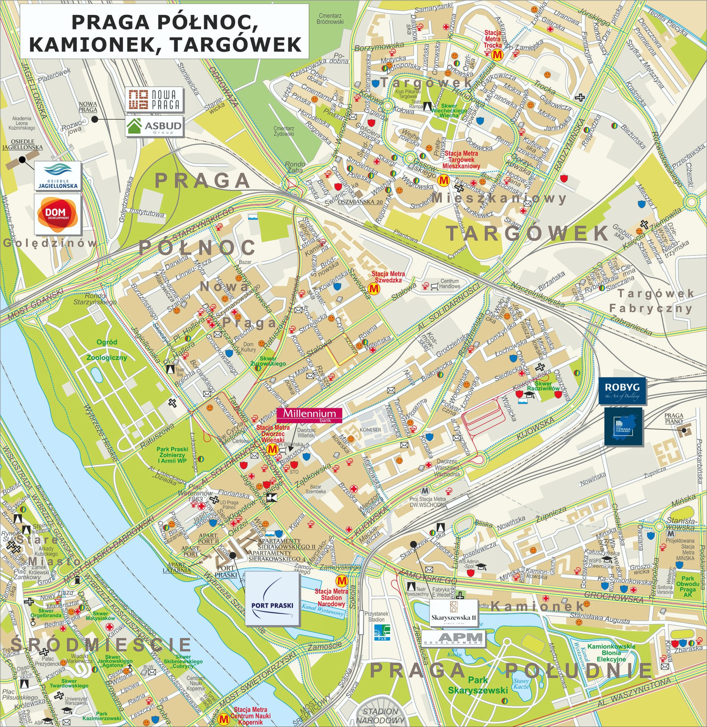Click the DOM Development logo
(x=58, y=214)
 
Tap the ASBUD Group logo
(x=154, y=126)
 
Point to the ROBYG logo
(x=622, y=391)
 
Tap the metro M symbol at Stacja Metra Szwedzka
(x=374, y=289)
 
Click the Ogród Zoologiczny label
(x=107, y=350)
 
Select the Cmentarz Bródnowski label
(x=330, y=19)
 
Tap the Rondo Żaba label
(x=295, y=167)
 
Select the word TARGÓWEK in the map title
(x=236, y=44)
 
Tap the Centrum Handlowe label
(x=450, y=283)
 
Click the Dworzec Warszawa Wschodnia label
(x=447, y=468)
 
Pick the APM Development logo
(x=454, y=638)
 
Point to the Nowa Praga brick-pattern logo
(x=154, y=99)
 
